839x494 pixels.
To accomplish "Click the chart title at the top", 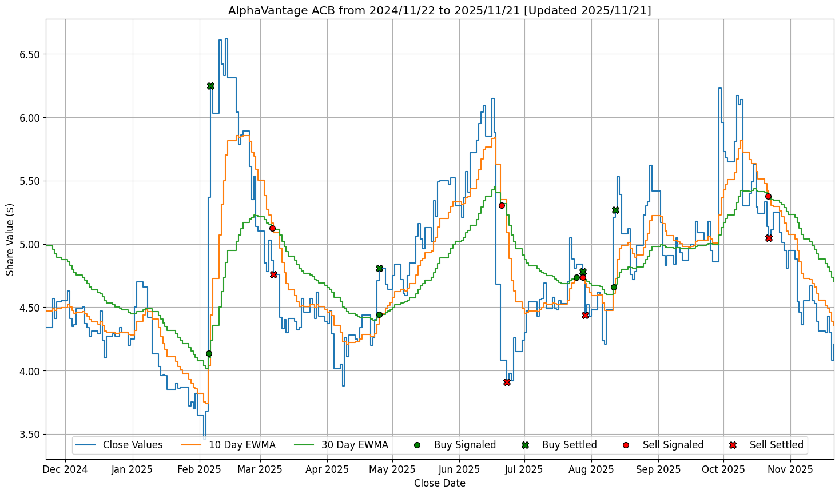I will tap(439, 10).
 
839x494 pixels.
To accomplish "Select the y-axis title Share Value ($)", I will tap(10, 239).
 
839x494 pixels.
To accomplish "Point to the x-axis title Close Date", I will tap(439, 483).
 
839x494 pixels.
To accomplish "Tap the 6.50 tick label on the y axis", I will tap(28, 54).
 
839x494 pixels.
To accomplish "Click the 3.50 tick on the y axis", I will tap(28, 435).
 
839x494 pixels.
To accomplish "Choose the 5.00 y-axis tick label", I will tap(28, 245).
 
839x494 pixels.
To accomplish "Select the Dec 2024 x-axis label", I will tap(66, 469).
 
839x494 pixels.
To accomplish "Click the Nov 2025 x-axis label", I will tap(790, 469).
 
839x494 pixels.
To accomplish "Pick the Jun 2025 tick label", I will tap(459, 469).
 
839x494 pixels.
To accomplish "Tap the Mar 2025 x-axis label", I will tap(260, 469).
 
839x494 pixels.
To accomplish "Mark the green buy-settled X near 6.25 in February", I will tap(210, 86).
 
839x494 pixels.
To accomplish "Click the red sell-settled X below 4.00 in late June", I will tap(507, 382).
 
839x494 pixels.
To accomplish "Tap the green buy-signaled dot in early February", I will tap(209, 353).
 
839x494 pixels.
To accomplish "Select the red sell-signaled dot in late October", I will tap(768, 196).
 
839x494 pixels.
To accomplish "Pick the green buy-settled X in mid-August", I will tap(615, 210).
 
